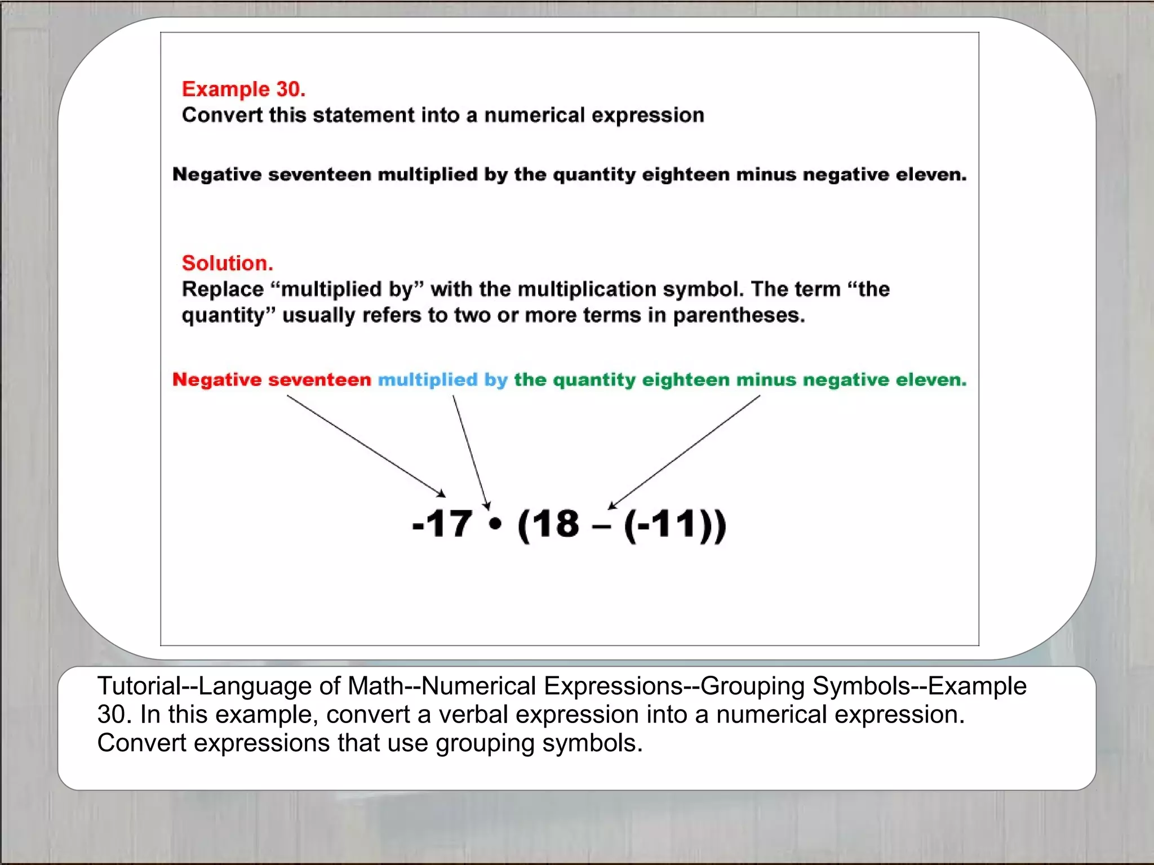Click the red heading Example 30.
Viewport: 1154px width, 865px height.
243,89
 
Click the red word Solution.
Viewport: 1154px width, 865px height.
227,263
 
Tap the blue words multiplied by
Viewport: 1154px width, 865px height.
442,380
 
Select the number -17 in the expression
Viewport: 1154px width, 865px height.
442,524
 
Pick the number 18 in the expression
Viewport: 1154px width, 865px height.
555,524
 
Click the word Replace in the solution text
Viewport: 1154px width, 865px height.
223,289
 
